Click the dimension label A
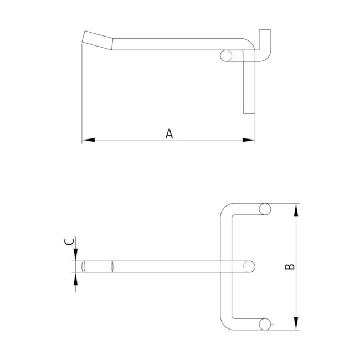click(169, 133)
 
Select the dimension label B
click(289, 266)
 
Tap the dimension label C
click(69, 242)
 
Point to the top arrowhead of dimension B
click(297, 210)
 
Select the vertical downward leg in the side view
click(249, 89)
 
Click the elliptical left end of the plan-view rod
click(83, 266)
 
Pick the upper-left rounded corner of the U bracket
click(227, 210)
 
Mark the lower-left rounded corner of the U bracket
click(227, 323)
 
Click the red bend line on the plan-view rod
click(112, 266)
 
